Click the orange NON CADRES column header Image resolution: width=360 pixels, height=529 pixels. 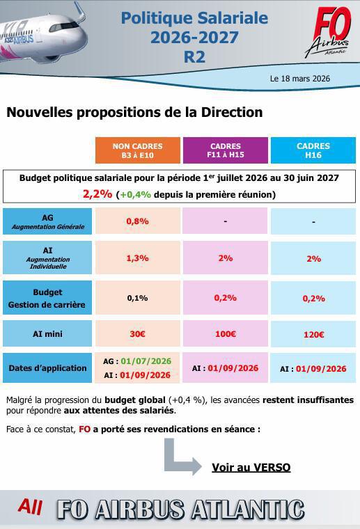click(x=137, y=150)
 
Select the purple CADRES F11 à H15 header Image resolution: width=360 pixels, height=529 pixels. click(x=225, y=150)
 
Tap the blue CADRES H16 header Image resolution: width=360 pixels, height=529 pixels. click(x=313, y=150)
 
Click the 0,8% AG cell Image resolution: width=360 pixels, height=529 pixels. click(x=137, y=221)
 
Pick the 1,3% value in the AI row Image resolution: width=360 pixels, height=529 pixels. click(x=137, y=258)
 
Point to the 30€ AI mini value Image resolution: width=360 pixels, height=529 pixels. click(x=137, y=334)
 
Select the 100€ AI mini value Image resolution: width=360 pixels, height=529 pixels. click(x=225, y=334)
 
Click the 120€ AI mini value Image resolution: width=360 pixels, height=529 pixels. click(x=313, y=335)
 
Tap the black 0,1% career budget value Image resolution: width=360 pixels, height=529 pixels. click(x=137, y=298)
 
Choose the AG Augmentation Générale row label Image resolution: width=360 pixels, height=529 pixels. click(x=47, y=221)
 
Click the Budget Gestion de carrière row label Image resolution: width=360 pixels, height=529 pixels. click(x=47, y=298)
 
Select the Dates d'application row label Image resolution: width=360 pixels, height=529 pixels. click(x=47, y=368)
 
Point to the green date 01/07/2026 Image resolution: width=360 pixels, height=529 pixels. click(x=146, y=361)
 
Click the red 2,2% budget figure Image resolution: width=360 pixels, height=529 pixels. click(x=97, y=194)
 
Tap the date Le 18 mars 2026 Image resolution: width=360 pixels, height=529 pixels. click(x=299, y=79)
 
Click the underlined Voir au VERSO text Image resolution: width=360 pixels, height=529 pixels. click(x=251, y=467)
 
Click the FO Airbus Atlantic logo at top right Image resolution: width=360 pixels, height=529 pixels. click(x=326, y=33)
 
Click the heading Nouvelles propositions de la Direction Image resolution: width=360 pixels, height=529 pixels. click(x=134, y=112)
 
